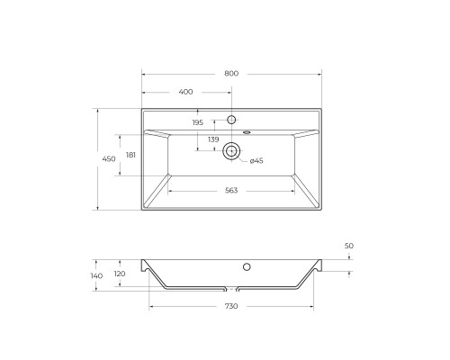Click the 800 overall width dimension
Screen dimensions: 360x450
click(x=231, y=73)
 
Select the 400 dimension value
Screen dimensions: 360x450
click(x=186, y=92)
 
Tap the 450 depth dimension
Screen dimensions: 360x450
click(x=108, y=159)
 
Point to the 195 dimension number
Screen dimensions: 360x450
click(x=198, y=122)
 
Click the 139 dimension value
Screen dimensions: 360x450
click(x=213, y=139)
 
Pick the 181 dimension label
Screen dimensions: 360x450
click(x=131, y=156)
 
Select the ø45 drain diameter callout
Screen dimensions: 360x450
click(x=256, y=161)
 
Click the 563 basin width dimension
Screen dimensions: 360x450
click(x=231, y=191)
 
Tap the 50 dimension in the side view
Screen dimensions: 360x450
click(x=349, y=246)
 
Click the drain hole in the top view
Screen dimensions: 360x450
click(x=231, y=151)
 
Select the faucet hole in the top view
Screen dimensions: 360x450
click(x=231, y=121)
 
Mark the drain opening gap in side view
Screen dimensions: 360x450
click(x=231, y=291)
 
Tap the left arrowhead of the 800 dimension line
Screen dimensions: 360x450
click(x=145, y=73)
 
